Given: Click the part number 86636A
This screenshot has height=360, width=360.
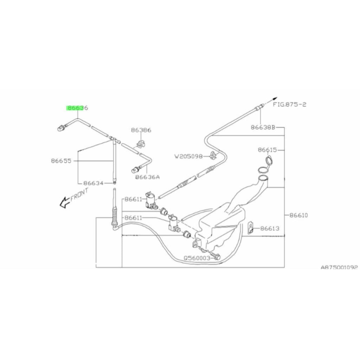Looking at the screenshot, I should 148,177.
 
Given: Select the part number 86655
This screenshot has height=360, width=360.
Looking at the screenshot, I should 61,161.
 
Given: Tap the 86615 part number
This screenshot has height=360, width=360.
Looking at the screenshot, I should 268,150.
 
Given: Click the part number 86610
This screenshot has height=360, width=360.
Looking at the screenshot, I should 298,215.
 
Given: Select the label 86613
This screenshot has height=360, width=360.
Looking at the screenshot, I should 270,229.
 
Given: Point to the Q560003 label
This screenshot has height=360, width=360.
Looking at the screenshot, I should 197,257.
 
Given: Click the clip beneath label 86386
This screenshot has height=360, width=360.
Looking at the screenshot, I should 140,143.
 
